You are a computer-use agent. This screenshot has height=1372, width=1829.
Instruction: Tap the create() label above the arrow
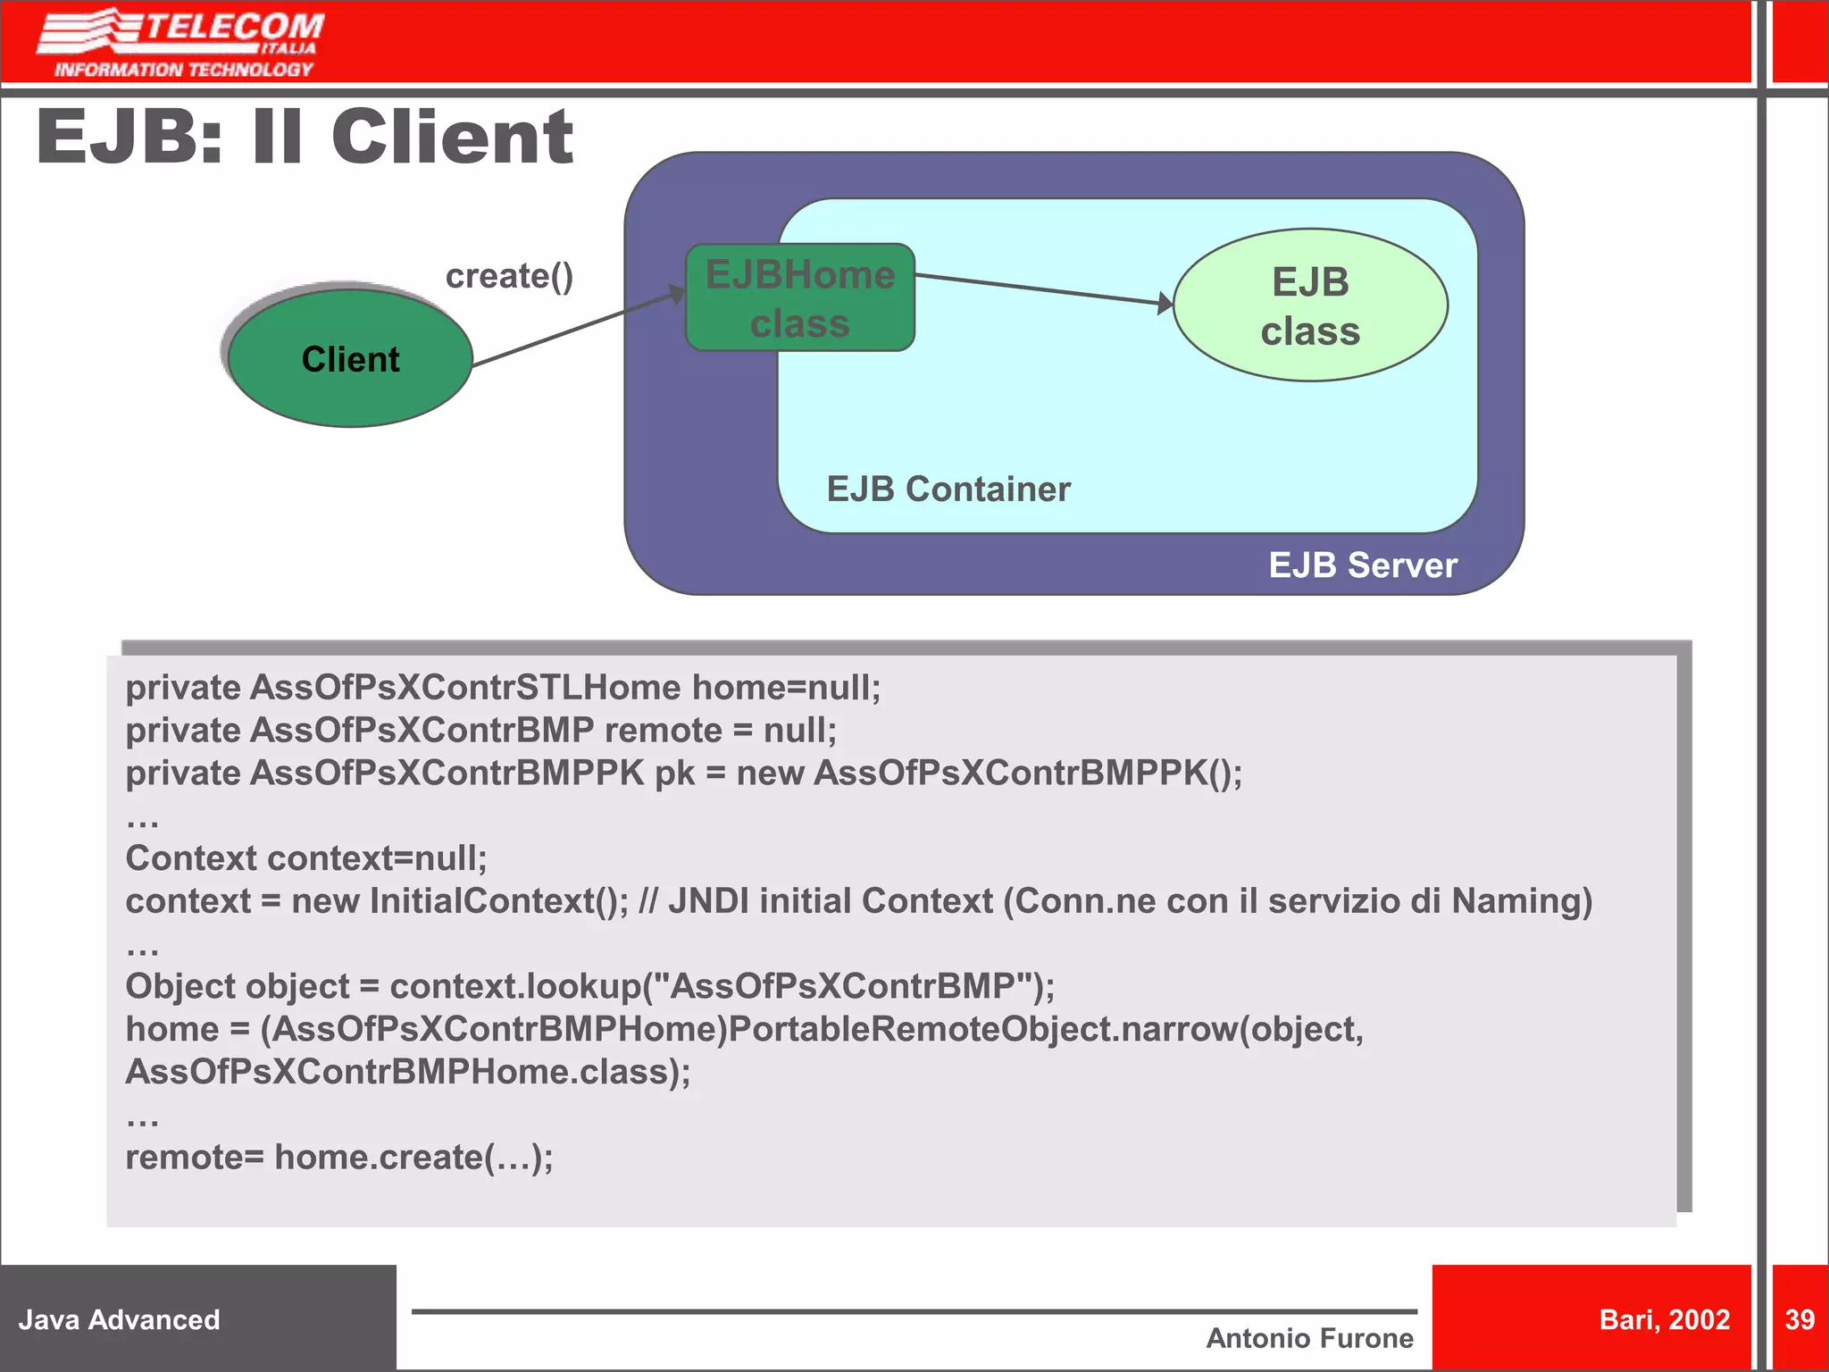click(509, 276)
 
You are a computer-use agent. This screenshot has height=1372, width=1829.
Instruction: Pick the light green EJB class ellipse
click(1309, 305)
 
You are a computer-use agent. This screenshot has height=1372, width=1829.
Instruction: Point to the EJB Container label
click(948, 489)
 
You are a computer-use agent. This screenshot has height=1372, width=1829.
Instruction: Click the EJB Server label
click(1362, 565)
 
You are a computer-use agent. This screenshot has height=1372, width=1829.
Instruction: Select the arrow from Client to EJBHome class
click(576, 330)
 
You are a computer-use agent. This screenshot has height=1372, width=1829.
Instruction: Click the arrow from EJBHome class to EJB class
click(1040, 289)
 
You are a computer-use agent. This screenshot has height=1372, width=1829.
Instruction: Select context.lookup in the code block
click(515, 987)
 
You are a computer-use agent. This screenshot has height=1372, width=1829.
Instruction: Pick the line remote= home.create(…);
click(339, 1158)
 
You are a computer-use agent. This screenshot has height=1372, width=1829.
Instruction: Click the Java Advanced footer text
click(119, 1320)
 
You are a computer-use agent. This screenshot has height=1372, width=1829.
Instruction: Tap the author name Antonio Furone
click(1309, 1338)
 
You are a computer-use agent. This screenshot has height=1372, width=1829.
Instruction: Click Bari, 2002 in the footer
click(1664, 1320)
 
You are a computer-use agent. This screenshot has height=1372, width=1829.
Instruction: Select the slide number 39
click(1799, 1320)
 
